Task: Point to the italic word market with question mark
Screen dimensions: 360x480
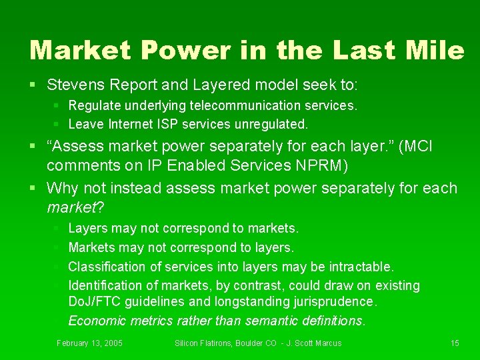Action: tap(72, 207)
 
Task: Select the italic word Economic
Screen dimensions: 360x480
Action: tap(95, 321)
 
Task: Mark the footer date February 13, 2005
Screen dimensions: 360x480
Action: tap(89, 343)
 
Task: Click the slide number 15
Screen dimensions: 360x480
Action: tap(455, 343)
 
